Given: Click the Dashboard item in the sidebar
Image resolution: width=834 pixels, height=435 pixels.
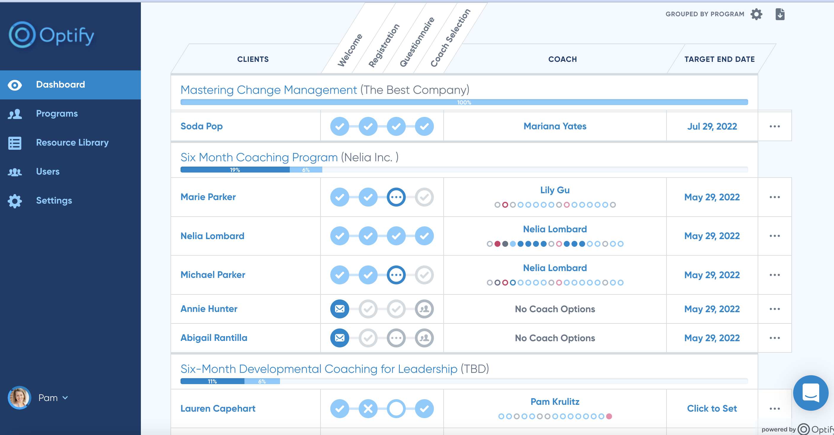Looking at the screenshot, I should coord(60,84).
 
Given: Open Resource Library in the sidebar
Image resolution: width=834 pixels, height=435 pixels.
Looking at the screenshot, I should coord(72,142).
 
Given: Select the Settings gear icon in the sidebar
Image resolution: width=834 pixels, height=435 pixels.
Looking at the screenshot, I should coord(15,201).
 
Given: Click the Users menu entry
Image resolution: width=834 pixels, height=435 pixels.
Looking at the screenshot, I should coord(48,172).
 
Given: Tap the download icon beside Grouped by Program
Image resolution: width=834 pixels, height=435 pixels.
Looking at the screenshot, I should coord(780,14).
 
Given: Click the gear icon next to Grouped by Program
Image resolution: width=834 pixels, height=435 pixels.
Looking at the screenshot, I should coord(756,14).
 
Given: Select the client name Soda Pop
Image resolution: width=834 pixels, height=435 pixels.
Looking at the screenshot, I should coord(201,126).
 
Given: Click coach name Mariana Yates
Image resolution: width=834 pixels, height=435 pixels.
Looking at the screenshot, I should coord(555,126).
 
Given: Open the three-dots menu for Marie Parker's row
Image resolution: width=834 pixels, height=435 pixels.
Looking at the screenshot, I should coord(775,197).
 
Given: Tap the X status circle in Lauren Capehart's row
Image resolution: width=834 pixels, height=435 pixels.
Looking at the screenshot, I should coord(368,408).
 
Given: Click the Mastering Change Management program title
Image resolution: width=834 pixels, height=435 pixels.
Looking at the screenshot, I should coord(268,90).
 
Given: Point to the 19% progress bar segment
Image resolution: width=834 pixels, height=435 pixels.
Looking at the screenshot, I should coord(235,170).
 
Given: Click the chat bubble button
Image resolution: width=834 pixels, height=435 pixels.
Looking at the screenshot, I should coord(810,393).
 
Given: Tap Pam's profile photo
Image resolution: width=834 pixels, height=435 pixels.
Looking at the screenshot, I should coord(19,397).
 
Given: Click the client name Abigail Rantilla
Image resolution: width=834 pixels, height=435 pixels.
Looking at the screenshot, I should coord(214,338).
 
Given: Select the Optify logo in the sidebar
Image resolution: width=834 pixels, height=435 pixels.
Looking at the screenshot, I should coord(52,35).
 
